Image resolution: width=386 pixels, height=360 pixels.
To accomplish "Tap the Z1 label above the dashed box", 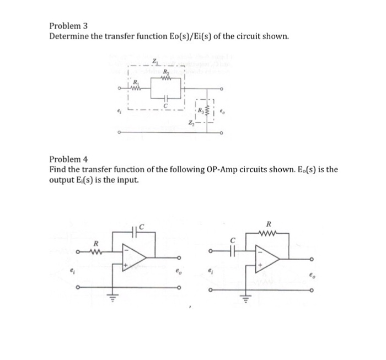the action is [155, 61].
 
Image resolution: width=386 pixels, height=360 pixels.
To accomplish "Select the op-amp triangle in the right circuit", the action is [269, 258].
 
